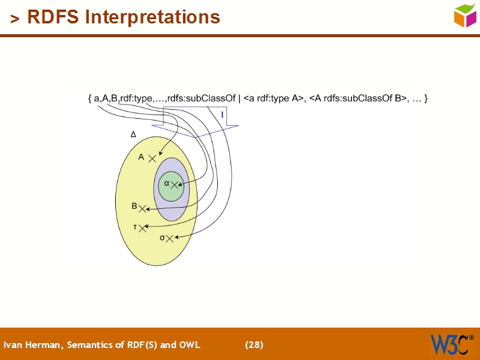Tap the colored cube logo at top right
point(465,15)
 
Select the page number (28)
point(254,344)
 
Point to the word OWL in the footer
point(190,344)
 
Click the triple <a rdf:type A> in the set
point(274,98)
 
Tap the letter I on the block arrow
point(223,114)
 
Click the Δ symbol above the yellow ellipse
point(133,135)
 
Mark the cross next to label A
point(152,158)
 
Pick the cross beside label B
point(142,208)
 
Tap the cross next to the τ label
point(142,227)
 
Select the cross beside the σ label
point(170,238)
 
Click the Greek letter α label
point(167,182)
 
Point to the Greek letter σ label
point(162,238)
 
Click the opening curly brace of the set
point(89,98)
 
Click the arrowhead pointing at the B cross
point(148,209)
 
